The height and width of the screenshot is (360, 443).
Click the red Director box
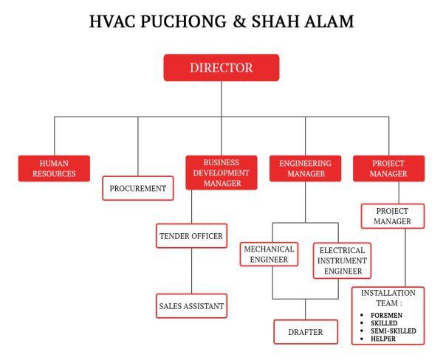pos(221,67)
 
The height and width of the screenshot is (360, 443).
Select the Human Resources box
pos(54,168)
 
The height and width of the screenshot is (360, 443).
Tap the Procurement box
pos(138,188)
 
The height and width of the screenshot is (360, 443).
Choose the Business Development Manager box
pos(221,173)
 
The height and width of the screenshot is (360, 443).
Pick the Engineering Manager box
pos(304,168)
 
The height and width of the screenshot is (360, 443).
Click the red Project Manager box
pos(388,168)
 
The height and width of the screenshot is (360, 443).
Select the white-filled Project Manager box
pos(392,216)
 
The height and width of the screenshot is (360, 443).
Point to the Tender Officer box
pos(191,236)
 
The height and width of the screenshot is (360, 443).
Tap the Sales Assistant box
pos(191,305)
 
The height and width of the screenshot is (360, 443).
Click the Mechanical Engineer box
pos(269,255)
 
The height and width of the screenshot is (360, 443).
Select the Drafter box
pos(304,332)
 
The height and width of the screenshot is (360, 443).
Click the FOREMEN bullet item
pos(386,315)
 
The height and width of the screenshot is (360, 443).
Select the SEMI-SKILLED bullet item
pos(393,331)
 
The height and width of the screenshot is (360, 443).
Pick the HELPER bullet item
pos(384,339)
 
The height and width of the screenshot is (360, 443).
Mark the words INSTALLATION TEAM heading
pos(388,297)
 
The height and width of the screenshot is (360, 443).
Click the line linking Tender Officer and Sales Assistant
pos(191,271)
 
